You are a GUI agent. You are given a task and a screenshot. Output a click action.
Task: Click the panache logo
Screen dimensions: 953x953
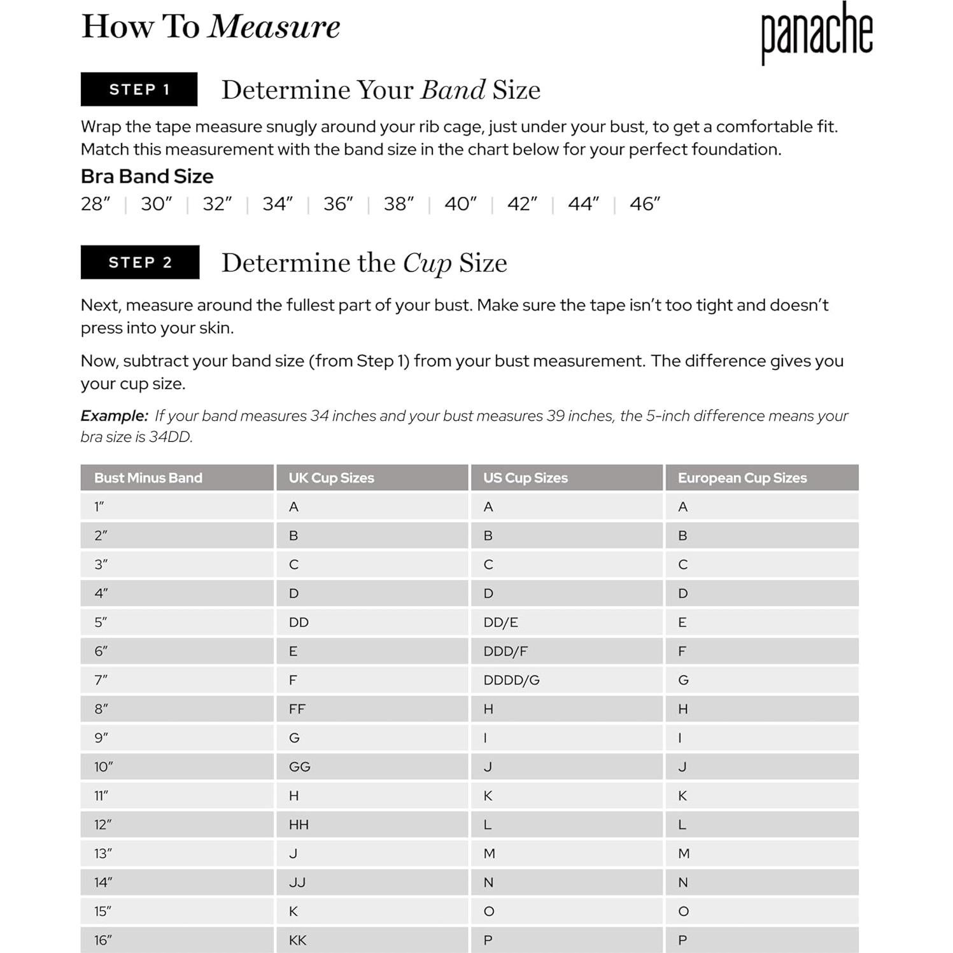click(x=816, y=32)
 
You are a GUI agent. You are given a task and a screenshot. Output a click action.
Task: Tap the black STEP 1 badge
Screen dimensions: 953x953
click(x=139, y=89)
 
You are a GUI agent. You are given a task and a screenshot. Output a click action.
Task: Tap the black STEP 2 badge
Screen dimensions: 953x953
click(x=140, y=262)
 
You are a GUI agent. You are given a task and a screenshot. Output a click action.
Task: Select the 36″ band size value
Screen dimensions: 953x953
click(x=337, y=204)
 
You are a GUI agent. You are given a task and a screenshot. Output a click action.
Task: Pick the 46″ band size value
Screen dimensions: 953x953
click(x=644, y=204)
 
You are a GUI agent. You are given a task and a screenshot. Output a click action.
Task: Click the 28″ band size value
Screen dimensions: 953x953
click(x=95, y=204)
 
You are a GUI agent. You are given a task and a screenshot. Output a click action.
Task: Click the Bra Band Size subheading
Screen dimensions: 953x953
click(x=147, y=176)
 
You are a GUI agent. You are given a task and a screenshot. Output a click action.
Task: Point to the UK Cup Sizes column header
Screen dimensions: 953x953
click(x=331, y=477)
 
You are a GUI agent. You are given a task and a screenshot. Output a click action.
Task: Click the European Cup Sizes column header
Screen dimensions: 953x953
click(x=742, y=477)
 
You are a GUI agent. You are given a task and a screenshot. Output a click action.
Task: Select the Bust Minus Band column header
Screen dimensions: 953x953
click(x=148, y=477)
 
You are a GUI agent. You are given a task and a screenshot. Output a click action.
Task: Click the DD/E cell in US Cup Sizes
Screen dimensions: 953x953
click(x=500, y=622)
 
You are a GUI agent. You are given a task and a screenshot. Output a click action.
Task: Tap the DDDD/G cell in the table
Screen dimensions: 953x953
click(x=511, y=680)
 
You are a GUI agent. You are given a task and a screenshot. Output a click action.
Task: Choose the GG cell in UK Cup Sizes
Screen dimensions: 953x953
click(x=299, y=766)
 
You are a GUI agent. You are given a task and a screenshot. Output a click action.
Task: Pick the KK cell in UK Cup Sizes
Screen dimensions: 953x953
click(x=297, y=940)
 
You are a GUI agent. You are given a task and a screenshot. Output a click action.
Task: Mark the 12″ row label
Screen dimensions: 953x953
click(x=102, y=824)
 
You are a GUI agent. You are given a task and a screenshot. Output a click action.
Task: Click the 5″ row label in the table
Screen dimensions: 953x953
click(x=101, y=622)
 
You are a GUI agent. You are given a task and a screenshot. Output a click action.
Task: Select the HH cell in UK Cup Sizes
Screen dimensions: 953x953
click(x=299, y=824)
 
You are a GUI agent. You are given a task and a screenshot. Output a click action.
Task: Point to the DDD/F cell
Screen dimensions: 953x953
click(x=505, y=651)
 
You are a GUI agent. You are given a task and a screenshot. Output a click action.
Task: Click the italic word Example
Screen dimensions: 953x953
click(x=114, y=416)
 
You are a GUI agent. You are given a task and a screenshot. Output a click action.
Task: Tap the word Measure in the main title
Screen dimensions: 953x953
click(x=274, y=27)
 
